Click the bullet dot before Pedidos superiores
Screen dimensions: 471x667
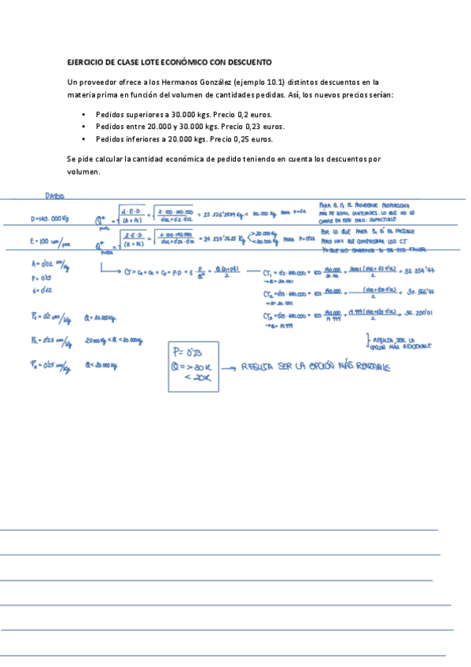84,115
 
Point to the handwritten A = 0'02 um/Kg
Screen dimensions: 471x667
48,265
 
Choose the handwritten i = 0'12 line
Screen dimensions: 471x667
41,289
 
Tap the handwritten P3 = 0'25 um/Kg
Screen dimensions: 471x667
46,365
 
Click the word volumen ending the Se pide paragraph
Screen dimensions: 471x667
83,171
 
